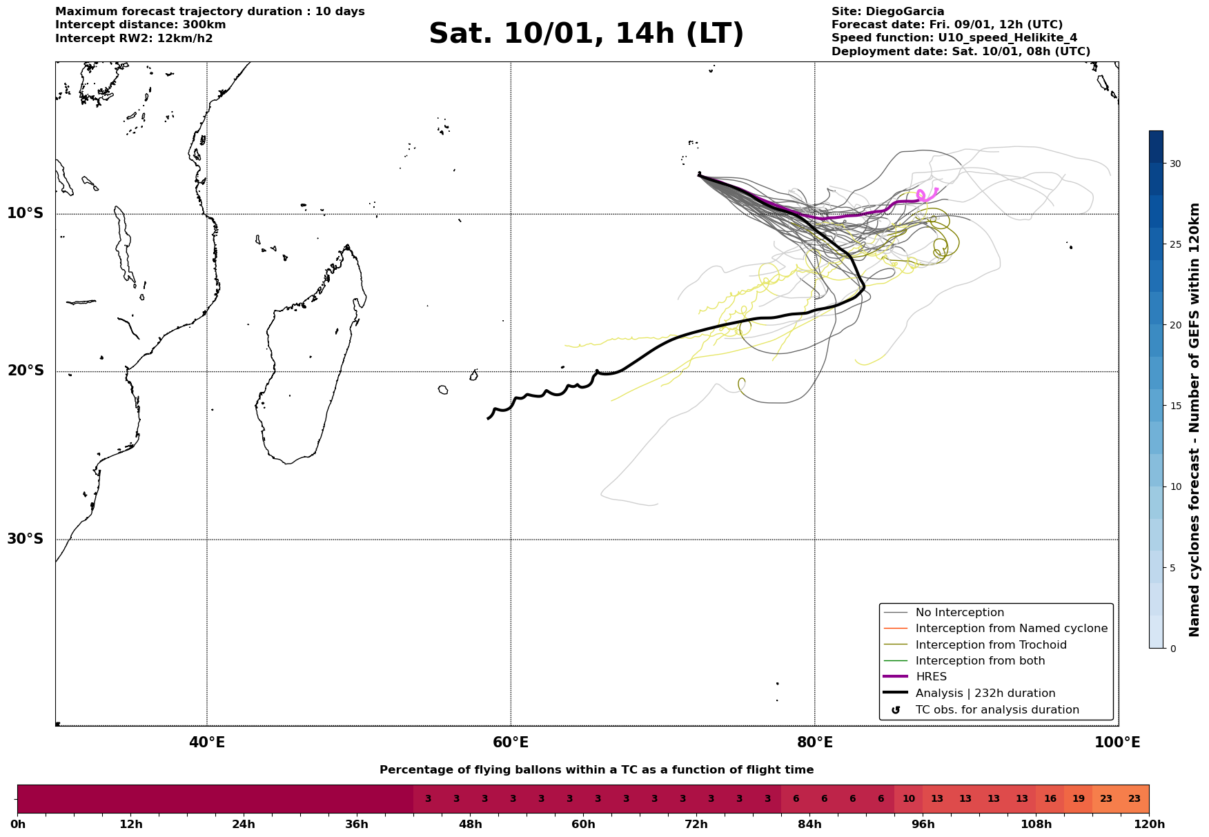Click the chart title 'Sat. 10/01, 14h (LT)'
[x=586, y=34]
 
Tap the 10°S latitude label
[x=26, y=213]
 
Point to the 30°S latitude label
[x=26, y=539]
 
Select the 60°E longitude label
[x=511, y=742]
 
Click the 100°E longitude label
[x=1118, y=742]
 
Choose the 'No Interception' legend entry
[x=959, y=613]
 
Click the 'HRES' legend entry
[x=931, y=677]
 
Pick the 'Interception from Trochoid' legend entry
[x=990, y=645]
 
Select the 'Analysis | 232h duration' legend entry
[x=985, y=693]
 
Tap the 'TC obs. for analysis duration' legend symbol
[x=896, y=710]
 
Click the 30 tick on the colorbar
[x=1174, y=164]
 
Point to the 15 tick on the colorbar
[x=1174, y=406]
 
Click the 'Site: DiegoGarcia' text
[x=887, y=12]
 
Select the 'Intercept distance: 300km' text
[x=140, y=25]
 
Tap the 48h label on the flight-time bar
[x=470, y=824]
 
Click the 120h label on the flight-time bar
[x=1148, y=824]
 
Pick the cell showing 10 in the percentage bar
[x=908, y=799]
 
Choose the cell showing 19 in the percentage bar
[x=1078, y=799]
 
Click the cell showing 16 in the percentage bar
[x=1050, y=799]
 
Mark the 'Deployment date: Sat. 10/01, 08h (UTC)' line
[x=961, y=52]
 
